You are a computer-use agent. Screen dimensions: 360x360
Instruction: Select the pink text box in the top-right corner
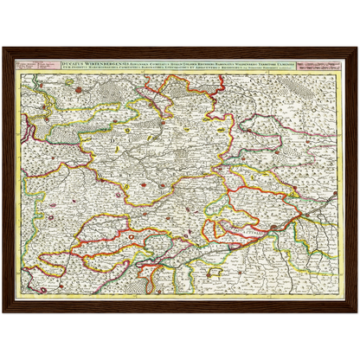point(321,66)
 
